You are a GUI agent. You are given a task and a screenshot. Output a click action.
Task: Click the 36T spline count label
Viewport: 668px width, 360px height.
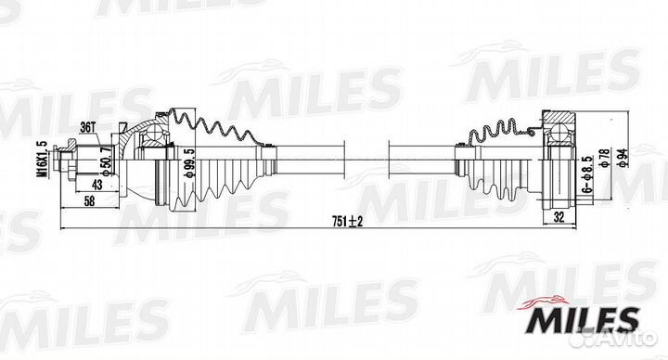(88, 128)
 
